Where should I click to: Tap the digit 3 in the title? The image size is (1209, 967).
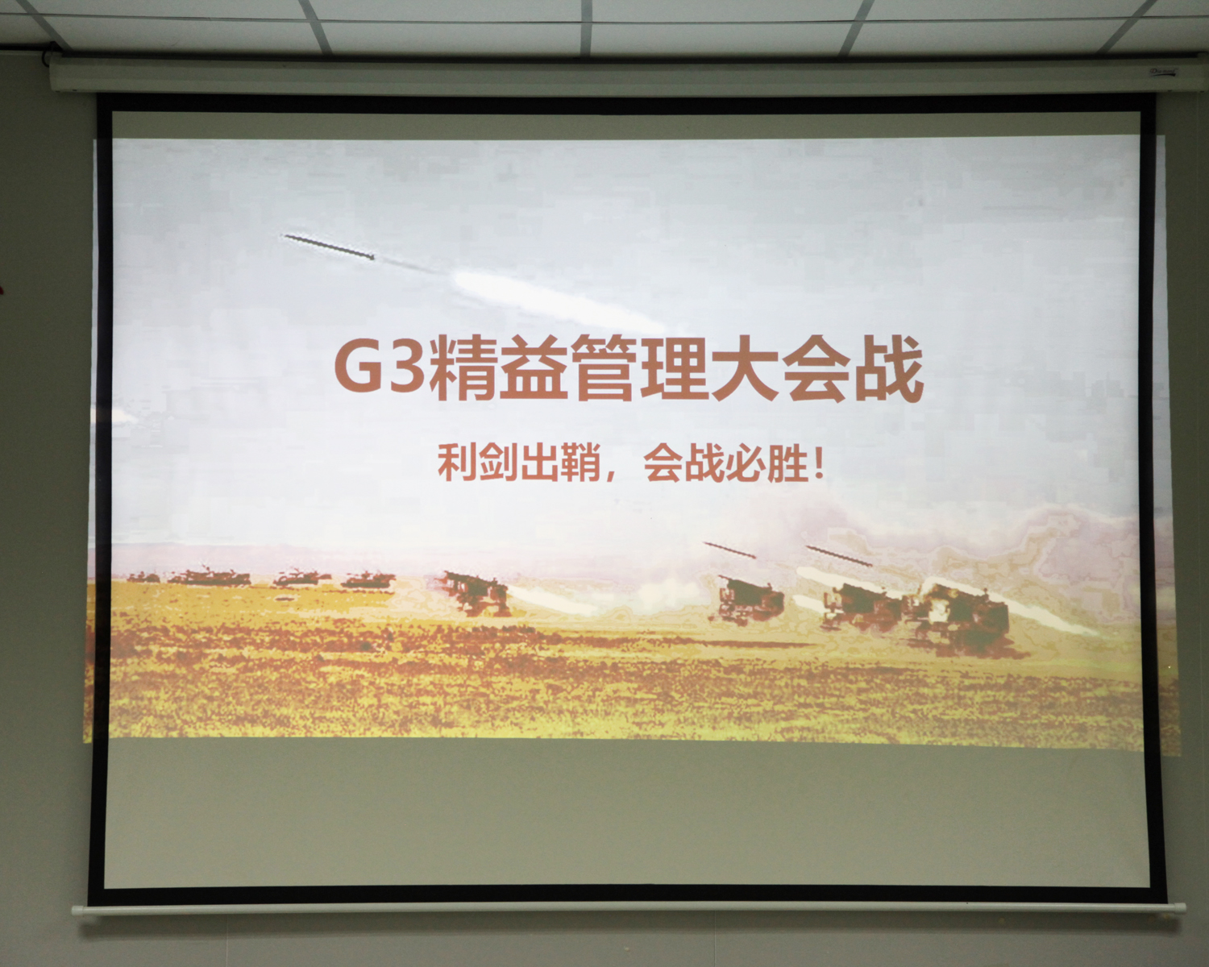[x=405, y=369]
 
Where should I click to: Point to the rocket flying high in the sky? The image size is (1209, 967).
[x=329, y=247]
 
